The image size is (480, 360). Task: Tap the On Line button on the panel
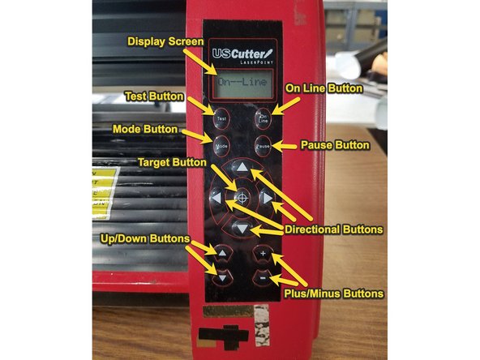tap(262, 118)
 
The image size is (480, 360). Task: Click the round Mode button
tap(221, 147)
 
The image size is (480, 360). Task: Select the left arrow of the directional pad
tap(216, 198)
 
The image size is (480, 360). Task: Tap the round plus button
tap(262, 254)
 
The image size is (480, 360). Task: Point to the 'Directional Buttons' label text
tap(332, 230)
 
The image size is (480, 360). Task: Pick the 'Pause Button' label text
tap(333, 146)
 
